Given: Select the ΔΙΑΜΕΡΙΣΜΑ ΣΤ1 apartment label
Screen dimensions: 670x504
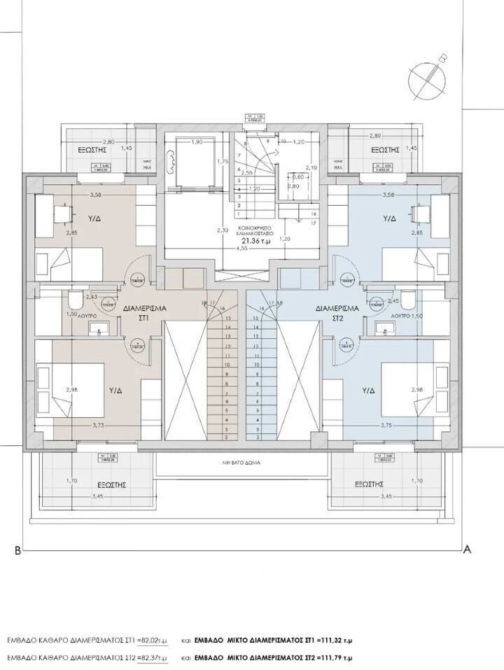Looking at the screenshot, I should coord(143,312).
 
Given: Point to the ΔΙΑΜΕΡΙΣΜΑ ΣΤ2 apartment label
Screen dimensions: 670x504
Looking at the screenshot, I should coord(337,312).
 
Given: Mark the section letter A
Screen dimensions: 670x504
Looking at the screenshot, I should coord(465,550).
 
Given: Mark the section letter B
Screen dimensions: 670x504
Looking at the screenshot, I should coord(17,551).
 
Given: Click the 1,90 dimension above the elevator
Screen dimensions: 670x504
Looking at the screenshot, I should coord(197,142).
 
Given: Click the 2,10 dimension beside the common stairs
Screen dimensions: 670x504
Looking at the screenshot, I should coord(312,167).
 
